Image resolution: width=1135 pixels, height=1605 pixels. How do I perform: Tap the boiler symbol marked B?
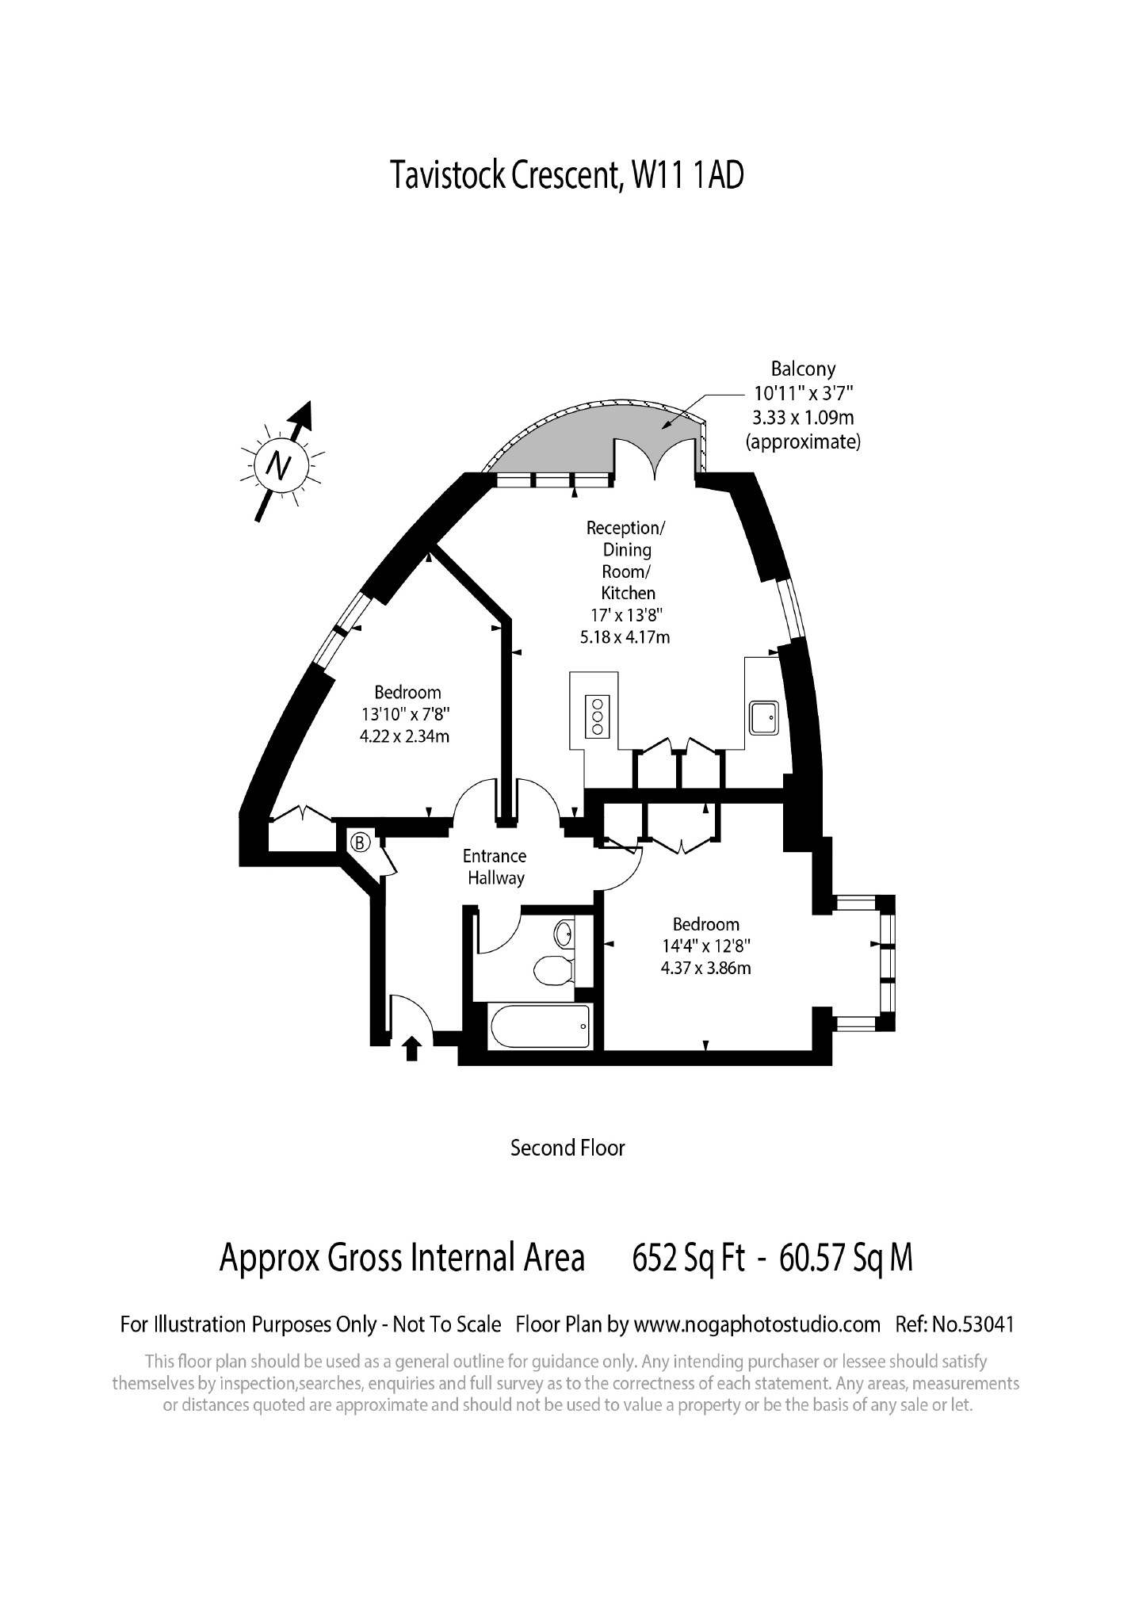click(x=361, y=842)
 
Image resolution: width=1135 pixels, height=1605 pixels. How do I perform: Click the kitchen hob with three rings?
click(x=597, y=716)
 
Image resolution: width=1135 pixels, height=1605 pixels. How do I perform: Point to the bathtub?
click(x=541, y=1026)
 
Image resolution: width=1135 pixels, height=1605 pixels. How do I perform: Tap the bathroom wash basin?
click(x=565, y=934)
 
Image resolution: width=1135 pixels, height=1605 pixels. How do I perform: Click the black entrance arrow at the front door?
click(x=411, y=1049)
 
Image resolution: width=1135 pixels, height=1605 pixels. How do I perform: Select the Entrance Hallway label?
click(x=495, y=867)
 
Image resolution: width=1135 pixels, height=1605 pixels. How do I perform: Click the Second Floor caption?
click(x=567, y=1148)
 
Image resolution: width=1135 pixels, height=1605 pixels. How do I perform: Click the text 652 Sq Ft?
click(x=689, y=1258)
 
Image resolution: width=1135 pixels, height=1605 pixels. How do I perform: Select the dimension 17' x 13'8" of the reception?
click(x=626, y=614)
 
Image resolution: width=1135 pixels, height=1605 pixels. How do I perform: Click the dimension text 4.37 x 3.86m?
click(x=706, y=968)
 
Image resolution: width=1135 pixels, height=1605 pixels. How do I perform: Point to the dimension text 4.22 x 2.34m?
click(x=405, y=736)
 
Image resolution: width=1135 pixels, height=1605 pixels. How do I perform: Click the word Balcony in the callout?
click(x=803, y=369)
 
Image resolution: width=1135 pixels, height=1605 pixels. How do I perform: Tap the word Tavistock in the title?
click(x=447, y=175)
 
